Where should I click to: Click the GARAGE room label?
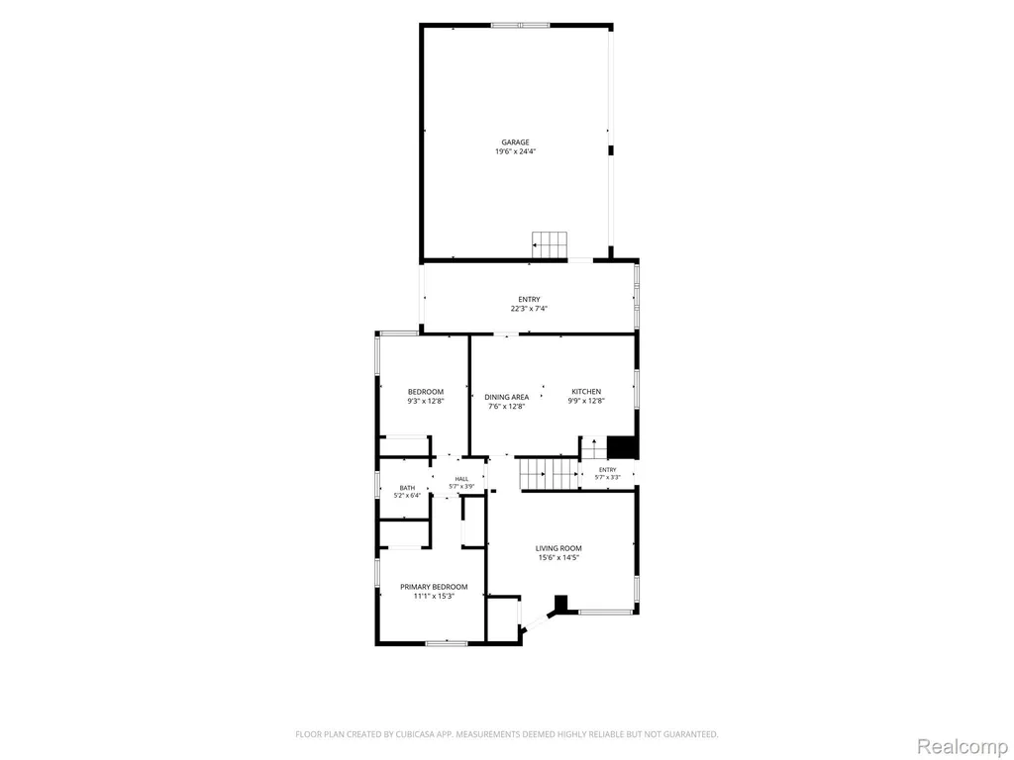(x=515, y=142)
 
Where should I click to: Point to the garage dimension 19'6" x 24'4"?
(x=515, y=151)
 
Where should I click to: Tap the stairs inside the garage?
(x=550, y=245)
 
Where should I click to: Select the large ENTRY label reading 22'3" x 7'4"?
(x=529, y=304)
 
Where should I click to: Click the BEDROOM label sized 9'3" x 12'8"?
(x=426, y=396)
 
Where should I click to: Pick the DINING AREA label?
(x=507, y=397)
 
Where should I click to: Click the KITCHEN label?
(x=586, y=392)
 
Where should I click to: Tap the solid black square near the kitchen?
(x=622, y=447)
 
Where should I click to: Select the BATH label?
(x=407, y=488)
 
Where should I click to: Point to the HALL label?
(x=461, y=479)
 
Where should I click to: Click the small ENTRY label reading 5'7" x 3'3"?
(x=608, y=473)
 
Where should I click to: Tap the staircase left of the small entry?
(x=550, y=474)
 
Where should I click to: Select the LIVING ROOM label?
(x=558, y=548)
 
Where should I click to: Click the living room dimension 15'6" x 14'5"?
(x=558, y=558)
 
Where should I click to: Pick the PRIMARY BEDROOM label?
(x=434, y=587)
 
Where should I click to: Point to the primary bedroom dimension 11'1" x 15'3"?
(x=434, y=597)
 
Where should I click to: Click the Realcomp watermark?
(x=962, y=746)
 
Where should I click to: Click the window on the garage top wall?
(x=520, y=25)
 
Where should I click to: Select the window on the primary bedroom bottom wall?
(x=447, y=643)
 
